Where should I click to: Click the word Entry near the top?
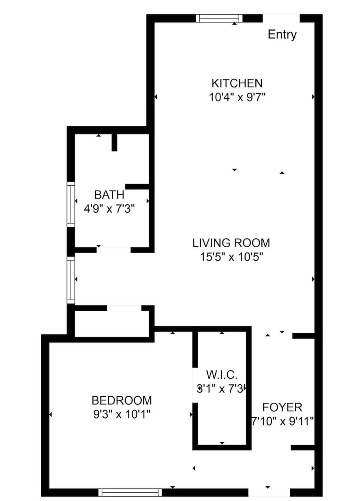(x=282, y=35)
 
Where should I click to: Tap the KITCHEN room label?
(x=237, y=83)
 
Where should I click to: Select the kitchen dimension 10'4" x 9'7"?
(x=237, y=97)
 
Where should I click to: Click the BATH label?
(x=109, y=195)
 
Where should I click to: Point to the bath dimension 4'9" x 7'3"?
(x=109, y=209)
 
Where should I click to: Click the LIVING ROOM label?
(x=231, y=243)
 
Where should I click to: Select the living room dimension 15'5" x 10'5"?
(x=231, y=257)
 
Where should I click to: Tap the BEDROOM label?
(x=121, y=400)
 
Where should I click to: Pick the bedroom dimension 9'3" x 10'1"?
(x=121, y=414)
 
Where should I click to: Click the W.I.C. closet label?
(x=222, y=375)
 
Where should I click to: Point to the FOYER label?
(x=282, y=407)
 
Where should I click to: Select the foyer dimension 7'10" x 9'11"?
(x=282, y=421)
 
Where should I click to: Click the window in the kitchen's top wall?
(x=219, y=18)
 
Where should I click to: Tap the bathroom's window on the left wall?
(x=70, y=204)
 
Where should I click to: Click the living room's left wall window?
(x=70, y=280)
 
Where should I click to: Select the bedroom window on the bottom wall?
(x=130, y=492)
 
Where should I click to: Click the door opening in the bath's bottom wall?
(x=114, y=250)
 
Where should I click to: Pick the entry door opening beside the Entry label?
(x=281, y=18)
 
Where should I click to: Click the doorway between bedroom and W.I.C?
(x=195, y=385)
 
